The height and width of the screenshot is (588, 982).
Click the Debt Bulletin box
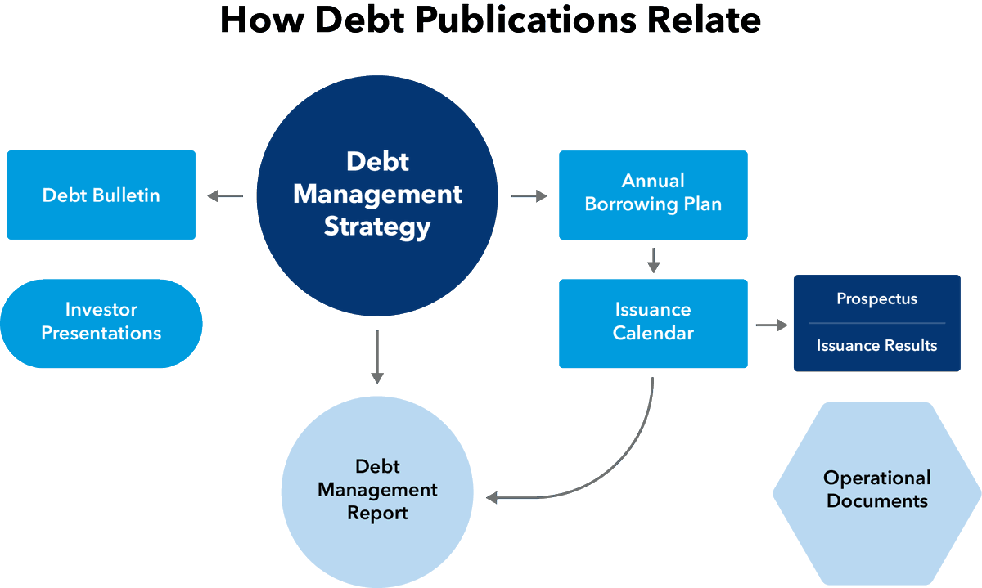click(101, 195)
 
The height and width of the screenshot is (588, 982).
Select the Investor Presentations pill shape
click(101, 323)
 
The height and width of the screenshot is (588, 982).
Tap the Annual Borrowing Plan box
click(653, 195)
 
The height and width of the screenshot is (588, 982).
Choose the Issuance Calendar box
click(653, 323)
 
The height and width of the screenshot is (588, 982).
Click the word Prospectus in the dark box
click(876, 299)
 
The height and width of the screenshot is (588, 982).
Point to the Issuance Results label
click(876, 346)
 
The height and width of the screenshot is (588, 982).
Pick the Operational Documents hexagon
click(876, 493)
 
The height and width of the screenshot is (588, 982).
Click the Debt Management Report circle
click(377, 492)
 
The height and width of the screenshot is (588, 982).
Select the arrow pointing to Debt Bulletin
click(225, 195)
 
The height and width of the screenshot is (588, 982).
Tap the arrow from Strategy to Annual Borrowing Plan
click(529, 195)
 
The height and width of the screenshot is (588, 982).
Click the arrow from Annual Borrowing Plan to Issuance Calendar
click(654, 261)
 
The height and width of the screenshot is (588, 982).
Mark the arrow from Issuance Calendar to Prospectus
click(772, 325)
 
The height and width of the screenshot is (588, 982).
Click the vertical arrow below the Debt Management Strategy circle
click(377, 357)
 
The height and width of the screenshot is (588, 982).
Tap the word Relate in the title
click(704, 20)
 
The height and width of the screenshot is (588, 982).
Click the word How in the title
click(262, 20)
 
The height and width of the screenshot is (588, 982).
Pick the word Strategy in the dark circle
click(377, 227)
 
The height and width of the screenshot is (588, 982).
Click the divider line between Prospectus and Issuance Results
click(876, 323)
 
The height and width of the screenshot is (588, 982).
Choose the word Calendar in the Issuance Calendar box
click(653, 333)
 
